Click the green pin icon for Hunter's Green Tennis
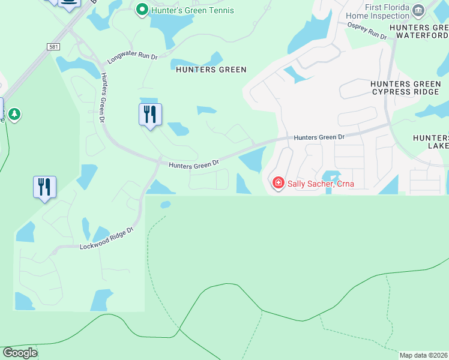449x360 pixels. point(142,10)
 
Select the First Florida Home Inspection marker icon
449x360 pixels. point(419,10)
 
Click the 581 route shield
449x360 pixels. point(52,46)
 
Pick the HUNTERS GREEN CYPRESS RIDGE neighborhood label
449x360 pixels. point(406,88)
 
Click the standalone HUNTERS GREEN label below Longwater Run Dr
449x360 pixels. point(211,70)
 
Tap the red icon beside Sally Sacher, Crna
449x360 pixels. point(278,182)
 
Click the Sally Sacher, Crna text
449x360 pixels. point(321,184)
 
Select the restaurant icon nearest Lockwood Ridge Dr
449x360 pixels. point(44,187)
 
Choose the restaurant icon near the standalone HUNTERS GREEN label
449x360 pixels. point(150,114)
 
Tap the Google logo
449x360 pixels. point(20,353)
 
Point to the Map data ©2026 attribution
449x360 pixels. point(423,355)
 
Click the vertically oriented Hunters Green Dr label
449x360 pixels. point(103,98)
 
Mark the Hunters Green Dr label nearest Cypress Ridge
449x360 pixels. point(319,137)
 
